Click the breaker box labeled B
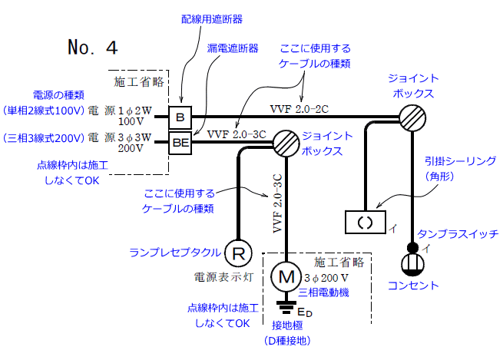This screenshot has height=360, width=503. (180, 117)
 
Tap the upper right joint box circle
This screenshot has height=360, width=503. (412, 117)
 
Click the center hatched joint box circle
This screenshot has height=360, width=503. (286, 141)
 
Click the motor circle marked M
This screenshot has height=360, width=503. (286, 273)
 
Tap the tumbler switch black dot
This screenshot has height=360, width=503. (412, 248)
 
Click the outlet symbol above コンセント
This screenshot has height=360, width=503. (412, 266)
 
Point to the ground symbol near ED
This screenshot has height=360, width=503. (286, 309)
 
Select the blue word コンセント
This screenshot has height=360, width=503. (412, 286)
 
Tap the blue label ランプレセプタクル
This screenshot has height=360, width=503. (174, 252)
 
